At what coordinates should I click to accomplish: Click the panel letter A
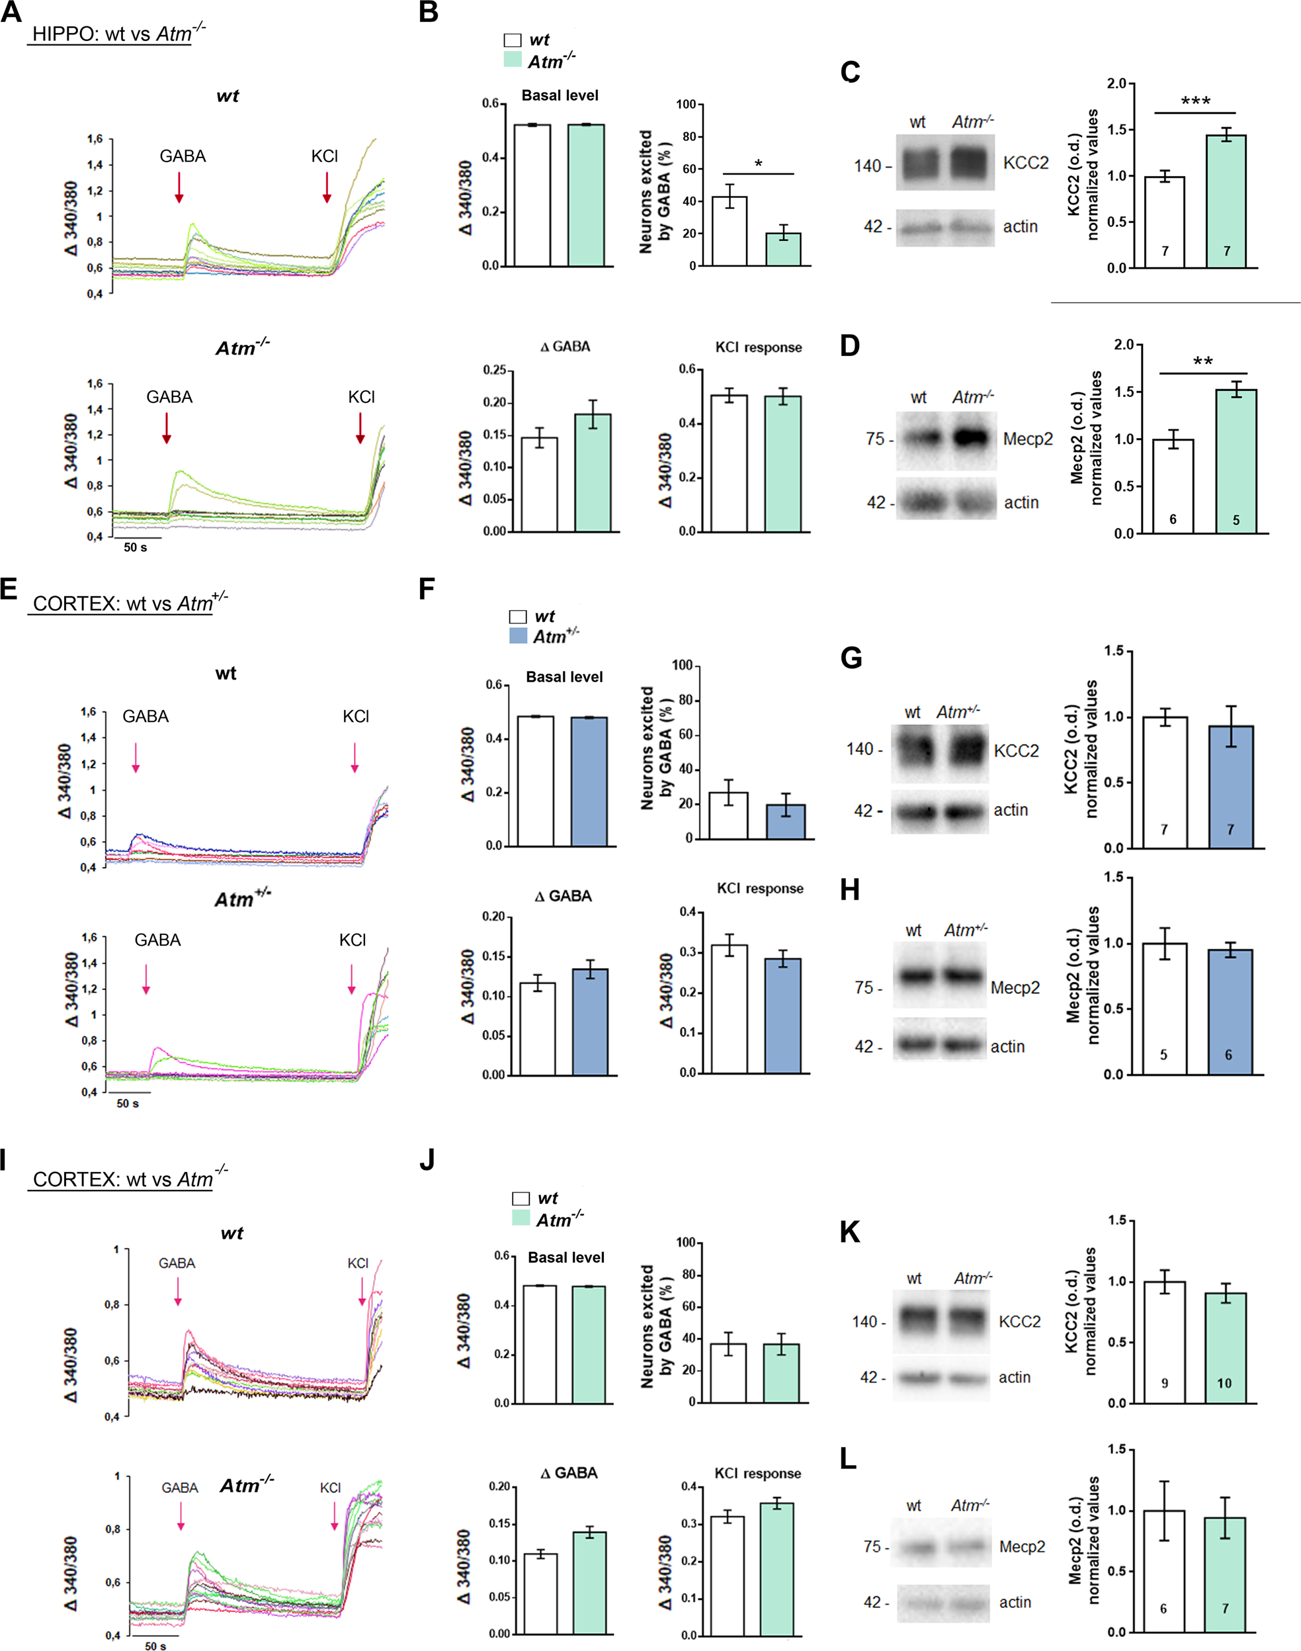[11, 13]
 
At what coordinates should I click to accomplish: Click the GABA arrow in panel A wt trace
[179, 187]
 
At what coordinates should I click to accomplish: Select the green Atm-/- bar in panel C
[1226, 202]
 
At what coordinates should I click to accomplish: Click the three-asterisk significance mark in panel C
[1195, 101]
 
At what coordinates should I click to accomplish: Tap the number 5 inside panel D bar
[1236, 520]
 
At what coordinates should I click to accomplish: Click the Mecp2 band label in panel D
[1028, 439]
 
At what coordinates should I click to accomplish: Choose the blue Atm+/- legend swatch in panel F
[518, 635]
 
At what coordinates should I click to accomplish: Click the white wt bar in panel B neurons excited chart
[729, 231]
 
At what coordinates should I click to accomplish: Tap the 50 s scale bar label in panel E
[127, 1103]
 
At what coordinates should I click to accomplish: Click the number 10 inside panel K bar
[1224, 1383]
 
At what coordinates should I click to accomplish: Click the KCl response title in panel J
[757, 1474]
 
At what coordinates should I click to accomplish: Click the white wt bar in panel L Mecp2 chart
[1164, 1570]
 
